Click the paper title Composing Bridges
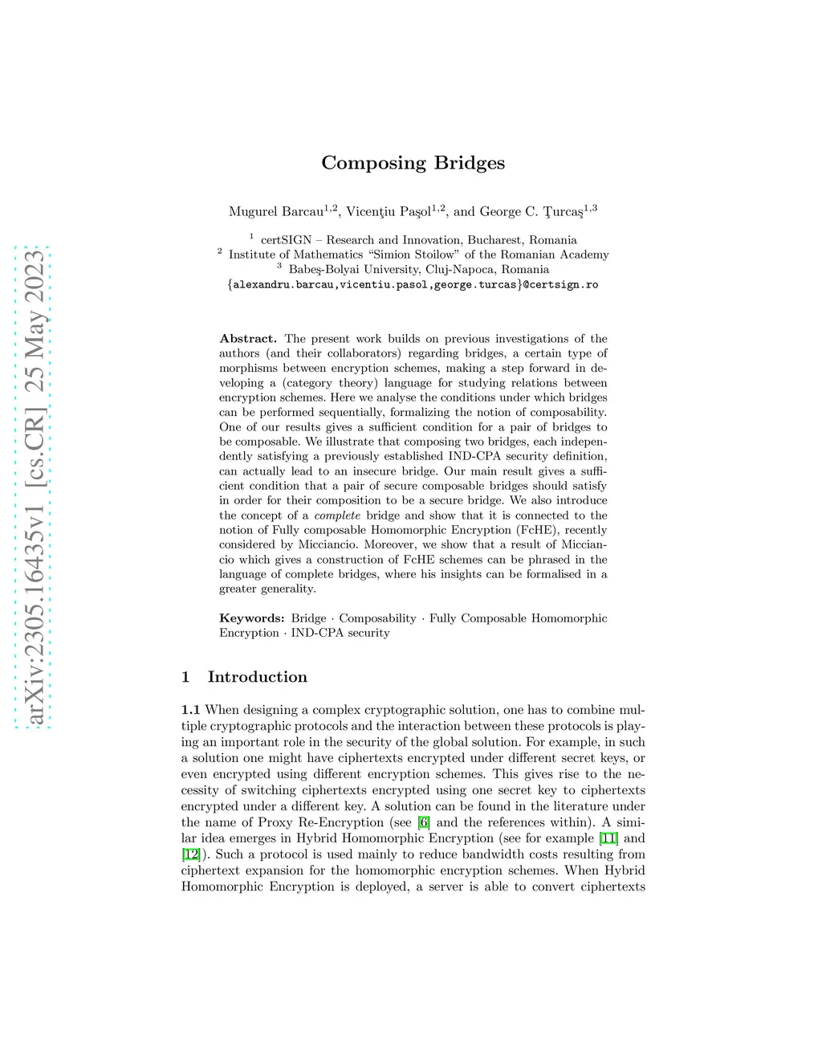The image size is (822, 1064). [413, 163]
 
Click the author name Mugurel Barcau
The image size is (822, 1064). [275, 212]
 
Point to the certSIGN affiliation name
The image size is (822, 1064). [286, 240]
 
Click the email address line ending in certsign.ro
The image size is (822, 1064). [413, 285]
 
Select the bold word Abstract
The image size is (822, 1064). [247, 339]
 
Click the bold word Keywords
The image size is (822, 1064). [251, 618]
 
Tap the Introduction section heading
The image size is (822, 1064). [257, 677]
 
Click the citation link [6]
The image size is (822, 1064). [424, 822]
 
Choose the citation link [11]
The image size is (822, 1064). [608, 838]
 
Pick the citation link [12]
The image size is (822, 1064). [190, 854]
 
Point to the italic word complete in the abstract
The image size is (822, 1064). [337, 516]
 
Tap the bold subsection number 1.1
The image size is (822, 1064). [190, 710]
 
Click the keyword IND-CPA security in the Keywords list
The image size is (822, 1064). [340, 633]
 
